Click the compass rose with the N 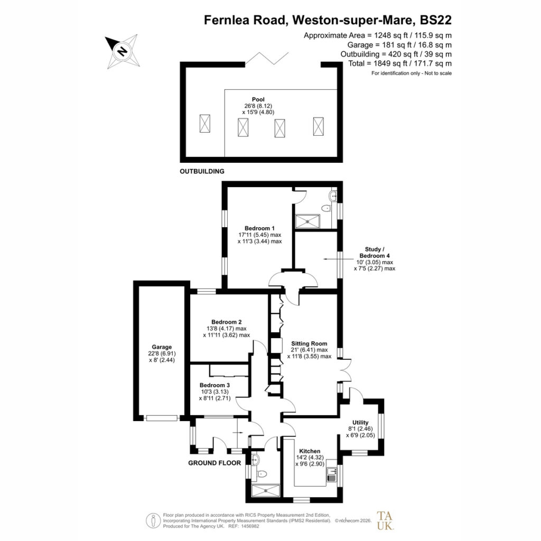coord(123,51)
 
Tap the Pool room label coord(258,99)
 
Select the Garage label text coord(162,347)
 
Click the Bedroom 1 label coord(259,228)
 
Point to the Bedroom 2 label coord(226,322)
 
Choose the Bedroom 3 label coord(214,385)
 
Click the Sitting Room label coord(309,343)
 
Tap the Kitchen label coord(310,451)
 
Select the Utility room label coord(360,422)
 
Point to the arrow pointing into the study coord(338,259)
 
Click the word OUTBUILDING coord(202,171)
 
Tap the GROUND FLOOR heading coord(214,463)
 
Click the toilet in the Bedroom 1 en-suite coord(325,208)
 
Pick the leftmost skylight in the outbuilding coord(204,124)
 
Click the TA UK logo coord(385,520)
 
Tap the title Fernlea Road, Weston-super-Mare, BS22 coord(328,20)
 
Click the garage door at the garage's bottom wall coord(162,418)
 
